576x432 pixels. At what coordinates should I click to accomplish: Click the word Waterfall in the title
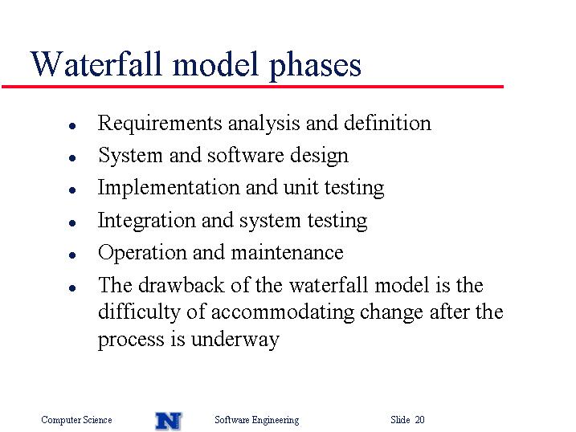[96, 64]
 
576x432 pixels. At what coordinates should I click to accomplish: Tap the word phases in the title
[315, 66]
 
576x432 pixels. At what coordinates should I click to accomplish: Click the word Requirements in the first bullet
[160, 124]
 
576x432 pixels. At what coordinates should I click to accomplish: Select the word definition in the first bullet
[387, 123]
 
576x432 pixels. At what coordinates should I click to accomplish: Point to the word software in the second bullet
[245, 155]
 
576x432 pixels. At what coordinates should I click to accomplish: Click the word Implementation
[169, 188]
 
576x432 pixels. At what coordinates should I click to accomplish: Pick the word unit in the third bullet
[301, 188]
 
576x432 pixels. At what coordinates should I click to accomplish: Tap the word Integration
[146, 221]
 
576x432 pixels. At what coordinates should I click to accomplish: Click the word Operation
[142, 253]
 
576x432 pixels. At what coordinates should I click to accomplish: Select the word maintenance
[288, 253]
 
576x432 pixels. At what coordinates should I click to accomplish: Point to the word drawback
[181, 285]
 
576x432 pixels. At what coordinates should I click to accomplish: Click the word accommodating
[283, 312]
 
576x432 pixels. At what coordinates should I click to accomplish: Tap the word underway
[235, 340]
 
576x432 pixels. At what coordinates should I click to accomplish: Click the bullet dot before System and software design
[72, 158]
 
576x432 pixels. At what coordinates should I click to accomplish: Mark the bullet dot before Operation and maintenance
[72, 255]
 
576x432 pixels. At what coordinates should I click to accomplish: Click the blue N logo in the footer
[169, 421]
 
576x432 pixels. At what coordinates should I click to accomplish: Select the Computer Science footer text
[76, 420]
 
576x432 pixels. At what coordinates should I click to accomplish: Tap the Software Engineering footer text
[257, 420]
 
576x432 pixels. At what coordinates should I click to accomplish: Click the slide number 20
[420, 419]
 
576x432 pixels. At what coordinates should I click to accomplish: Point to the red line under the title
[253, 87]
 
